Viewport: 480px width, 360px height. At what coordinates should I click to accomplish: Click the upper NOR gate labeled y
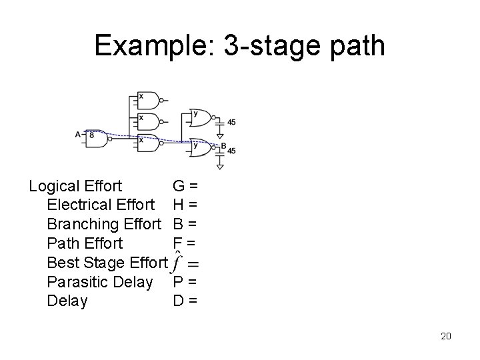pos(200,117)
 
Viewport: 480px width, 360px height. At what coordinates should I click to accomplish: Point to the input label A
pos(78,135)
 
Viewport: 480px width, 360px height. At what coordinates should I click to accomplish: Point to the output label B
pos(223,145)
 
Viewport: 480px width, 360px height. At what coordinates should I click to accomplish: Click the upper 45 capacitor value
pos(231,122)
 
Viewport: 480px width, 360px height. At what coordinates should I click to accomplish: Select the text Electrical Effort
pos(101,205)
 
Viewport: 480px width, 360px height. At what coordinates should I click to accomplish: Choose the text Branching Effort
pos(105,224)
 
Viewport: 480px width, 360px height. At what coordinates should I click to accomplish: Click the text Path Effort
pos(85,243)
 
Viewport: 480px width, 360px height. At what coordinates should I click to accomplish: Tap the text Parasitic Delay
pos(99,282)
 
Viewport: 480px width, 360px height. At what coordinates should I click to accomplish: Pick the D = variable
pos(185,301)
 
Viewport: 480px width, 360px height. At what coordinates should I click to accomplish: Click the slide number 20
pos(445,336)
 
